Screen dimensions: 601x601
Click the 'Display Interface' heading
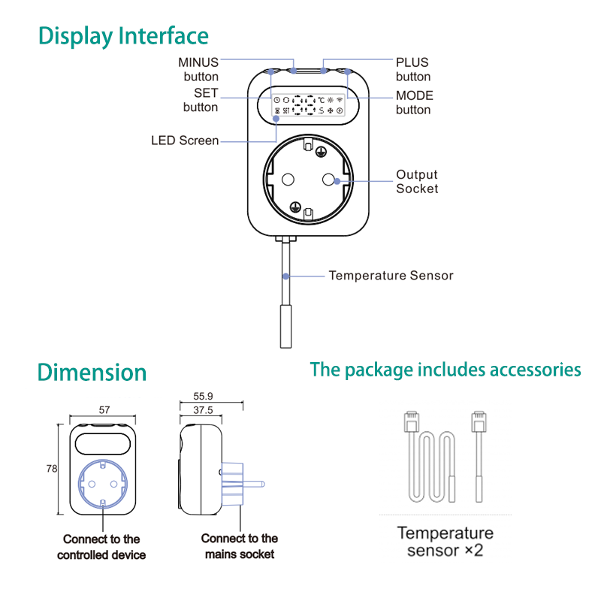(123, 36)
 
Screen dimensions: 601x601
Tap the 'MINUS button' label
(198, 69)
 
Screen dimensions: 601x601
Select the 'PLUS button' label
(413, 69)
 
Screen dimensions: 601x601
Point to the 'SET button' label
(201, 100)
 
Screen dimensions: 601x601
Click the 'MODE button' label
(415, 103)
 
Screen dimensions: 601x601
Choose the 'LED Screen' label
(185, 140)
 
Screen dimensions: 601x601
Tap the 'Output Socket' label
(417, 182)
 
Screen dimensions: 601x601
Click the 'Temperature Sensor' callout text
(391, 276)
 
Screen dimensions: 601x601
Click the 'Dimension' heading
(92, 372)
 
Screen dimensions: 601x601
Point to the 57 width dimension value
(104, 410)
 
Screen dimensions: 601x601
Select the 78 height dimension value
(52, 469)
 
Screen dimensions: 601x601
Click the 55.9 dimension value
(203, 396)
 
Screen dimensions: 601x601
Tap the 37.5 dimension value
(203, 410)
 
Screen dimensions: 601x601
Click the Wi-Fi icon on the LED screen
(340, 100)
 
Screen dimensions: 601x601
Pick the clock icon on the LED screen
(276, 100)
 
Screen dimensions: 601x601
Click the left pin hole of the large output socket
(288, 179)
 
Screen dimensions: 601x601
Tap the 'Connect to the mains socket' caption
(240, 546)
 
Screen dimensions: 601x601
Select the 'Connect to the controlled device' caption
(101, 547)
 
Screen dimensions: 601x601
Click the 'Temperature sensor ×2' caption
(445, 542)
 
